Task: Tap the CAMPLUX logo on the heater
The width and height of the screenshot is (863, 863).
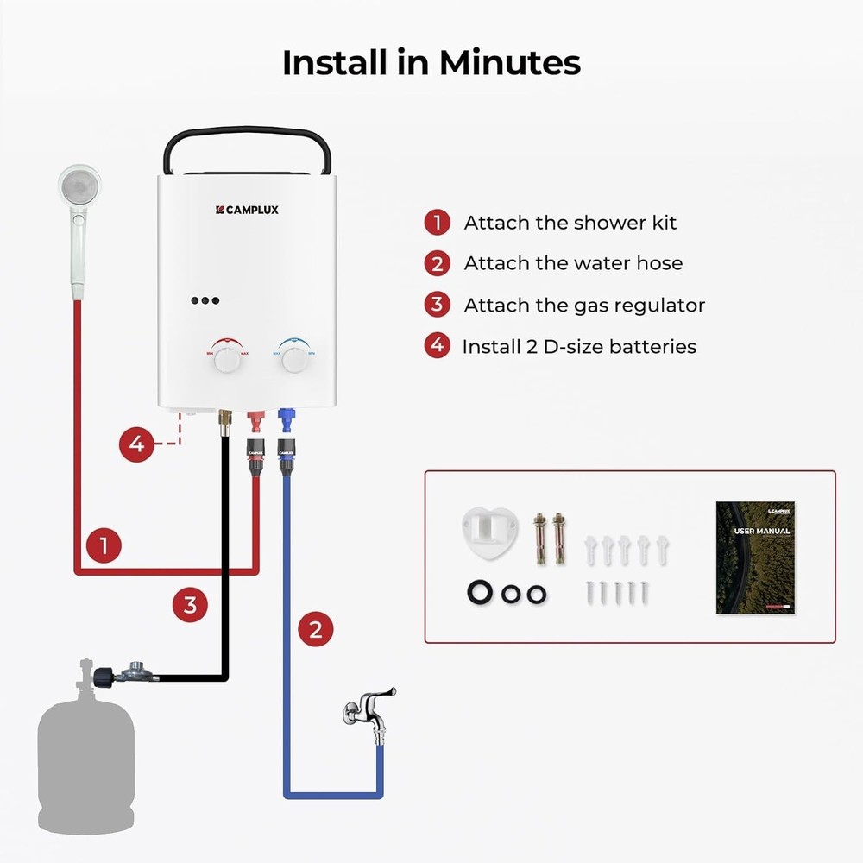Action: [x=247, y=209]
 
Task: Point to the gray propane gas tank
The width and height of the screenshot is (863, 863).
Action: [x=85, y=759]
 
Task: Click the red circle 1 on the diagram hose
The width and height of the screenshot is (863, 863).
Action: [x=104, y=546]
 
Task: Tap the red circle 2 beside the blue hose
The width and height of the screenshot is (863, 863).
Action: [x=316, y=629]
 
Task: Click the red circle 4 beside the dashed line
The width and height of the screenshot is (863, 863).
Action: [x=136, y=445]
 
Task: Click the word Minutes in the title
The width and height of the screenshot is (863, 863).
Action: [x=509, y=63]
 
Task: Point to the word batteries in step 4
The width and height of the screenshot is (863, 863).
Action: [x=652, y=347]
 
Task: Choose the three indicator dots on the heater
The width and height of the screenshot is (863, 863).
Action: [x=205, y=301]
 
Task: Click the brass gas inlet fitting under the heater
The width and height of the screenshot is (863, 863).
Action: [x=225, y=421]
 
